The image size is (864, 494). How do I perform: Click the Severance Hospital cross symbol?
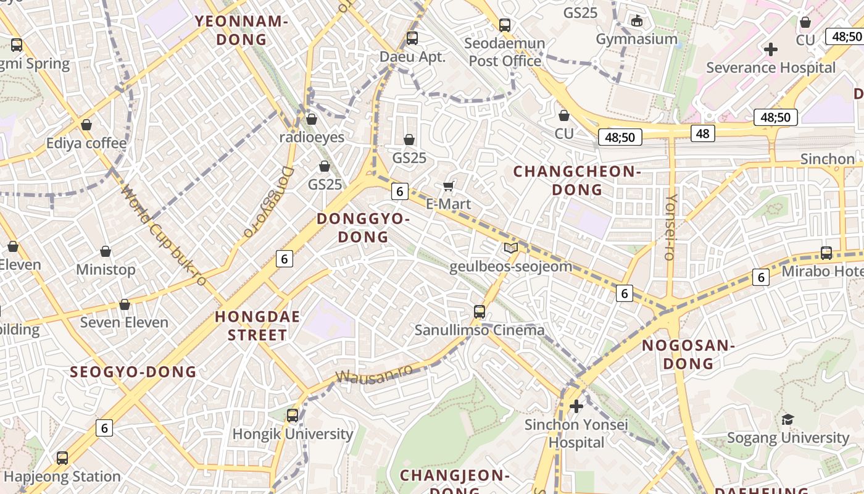770,49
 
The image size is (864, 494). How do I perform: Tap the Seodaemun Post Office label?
505,52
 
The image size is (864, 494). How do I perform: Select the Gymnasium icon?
637,20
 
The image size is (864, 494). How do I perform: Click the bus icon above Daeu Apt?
412,38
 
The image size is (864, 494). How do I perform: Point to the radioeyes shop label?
312,136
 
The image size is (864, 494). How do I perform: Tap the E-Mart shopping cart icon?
449,186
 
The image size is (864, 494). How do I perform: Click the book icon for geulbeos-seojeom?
510,248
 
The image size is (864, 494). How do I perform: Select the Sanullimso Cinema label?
480,330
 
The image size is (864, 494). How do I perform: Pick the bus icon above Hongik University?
293,415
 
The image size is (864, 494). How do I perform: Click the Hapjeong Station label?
62,476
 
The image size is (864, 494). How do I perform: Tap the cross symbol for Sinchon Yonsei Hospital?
576,406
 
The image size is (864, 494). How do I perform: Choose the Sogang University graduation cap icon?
787,420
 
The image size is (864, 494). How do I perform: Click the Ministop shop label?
106,270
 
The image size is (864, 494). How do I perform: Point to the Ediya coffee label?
86,143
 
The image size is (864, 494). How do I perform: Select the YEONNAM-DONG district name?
242,30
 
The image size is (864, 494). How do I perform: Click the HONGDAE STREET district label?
257,325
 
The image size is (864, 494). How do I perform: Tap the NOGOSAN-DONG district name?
688,354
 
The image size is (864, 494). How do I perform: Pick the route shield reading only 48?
702,133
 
